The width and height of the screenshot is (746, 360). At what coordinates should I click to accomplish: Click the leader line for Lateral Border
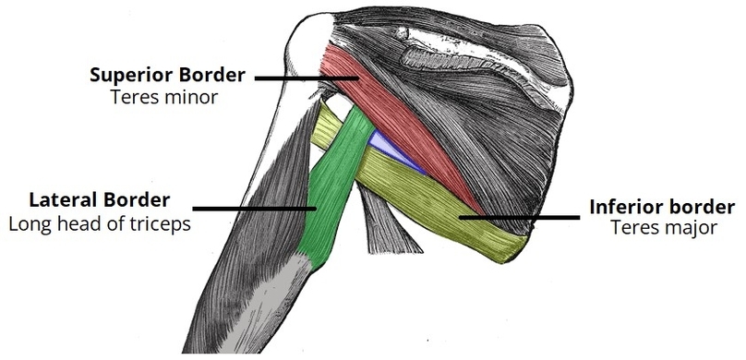point(254,208)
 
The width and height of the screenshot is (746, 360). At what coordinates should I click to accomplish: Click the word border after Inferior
point(695,207)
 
